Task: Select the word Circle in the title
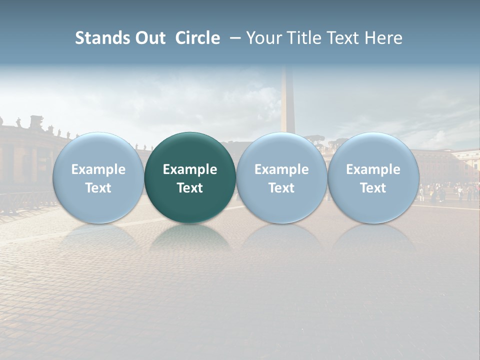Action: click(x=197, y=38)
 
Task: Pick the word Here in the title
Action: click(x=383, y=38)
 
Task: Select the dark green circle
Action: click(x=190, y=177)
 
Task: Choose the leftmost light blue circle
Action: click(x=98, y=177)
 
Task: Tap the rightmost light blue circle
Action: click(x=373, y=177)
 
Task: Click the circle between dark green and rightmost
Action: click(x=281, y=177)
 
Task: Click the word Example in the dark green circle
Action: click(x=190, y=169)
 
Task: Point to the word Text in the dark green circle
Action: click(x=190, y=188)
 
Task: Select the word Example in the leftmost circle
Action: click(x=98, y=169)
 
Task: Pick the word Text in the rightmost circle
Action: click(x=373, y=188)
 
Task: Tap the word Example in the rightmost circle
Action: click(x=373, y=169)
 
